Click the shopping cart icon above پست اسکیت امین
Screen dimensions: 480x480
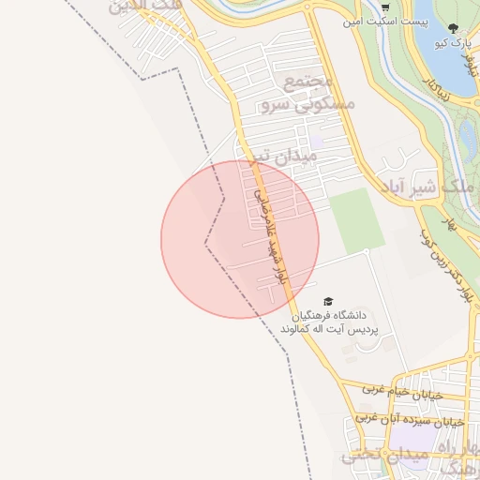(x=385, y=7)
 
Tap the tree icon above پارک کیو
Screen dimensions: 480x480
(x=454, y=29)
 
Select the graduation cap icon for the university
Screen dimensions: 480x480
(x=328, y=301)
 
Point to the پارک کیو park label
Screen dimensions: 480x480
(x=451, y=43)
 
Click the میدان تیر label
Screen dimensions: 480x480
(x=264, y=154)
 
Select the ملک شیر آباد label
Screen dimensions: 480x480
(x=416, y=185)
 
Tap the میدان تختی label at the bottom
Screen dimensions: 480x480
(x=376, y=458)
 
